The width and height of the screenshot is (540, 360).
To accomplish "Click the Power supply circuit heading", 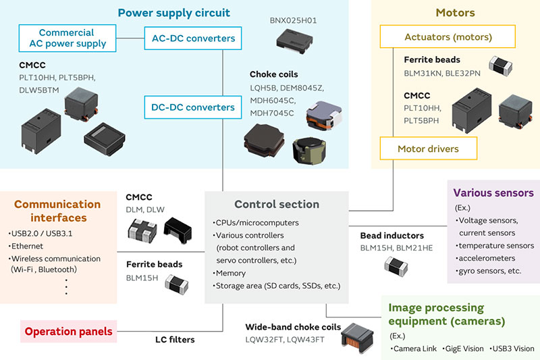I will pyautogui.click(x=173, y=13).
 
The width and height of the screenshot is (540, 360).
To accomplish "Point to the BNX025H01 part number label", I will pyautogui.click(x=293, y=20).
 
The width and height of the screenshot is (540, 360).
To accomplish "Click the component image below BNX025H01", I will pyautogui.click(x=295, y=43).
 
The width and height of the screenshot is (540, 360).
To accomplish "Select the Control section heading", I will pyautogui.click(x=277, y=204).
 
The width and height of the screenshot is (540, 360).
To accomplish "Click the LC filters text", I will pyautogui.click(x=175, y=340).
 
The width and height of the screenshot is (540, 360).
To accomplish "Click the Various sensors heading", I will pyautogui.click(x=493, y=192).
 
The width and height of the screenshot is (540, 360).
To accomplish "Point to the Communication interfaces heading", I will pyautogui.click(x=57, y=211).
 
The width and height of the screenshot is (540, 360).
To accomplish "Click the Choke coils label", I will pyautogui.click(x=273, y=74).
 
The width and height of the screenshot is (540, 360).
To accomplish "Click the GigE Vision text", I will pyautogui.click(x=464, y=349).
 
